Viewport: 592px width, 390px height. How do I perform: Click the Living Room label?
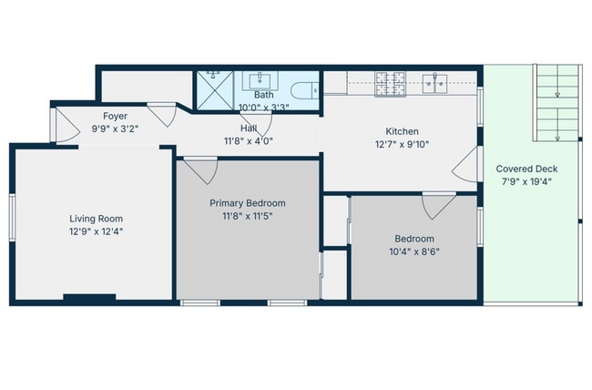tap(96, 219)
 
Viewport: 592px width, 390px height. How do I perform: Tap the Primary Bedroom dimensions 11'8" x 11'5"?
tap(248, 216)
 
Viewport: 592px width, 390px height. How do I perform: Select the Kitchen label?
tap(402, 131)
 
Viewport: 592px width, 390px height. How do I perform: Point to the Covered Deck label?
tap(526, 169)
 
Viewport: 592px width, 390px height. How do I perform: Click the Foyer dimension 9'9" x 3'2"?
tap(115, 128)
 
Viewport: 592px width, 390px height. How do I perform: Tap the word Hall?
tap(249, 128)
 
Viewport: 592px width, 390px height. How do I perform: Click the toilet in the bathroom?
tap(305, 91)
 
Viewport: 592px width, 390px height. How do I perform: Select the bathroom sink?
tap(260, 81)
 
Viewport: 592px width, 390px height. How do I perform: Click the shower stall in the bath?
tap(214, 90)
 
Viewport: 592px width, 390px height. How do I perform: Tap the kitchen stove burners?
tap(390, 84)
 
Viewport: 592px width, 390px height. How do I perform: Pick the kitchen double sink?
tap(434, 84)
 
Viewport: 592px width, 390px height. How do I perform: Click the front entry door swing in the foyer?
tap(67, 126)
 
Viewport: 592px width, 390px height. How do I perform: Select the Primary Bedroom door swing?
tap(201, 171)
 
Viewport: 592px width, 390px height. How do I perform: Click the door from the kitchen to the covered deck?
tap(465, 164)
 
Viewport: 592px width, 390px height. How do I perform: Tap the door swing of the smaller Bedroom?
tap(438, 206)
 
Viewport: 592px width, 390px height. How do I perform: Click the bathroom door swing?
tap(258, 125)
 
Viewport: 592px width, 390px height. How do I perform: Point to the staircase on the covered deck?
tap(556, 103)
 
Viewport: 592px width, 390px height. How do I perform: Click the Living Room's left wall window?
tap(13, 217)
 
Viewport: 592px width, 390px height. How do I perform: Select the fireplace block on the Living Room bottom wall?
tap(89, 297)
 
